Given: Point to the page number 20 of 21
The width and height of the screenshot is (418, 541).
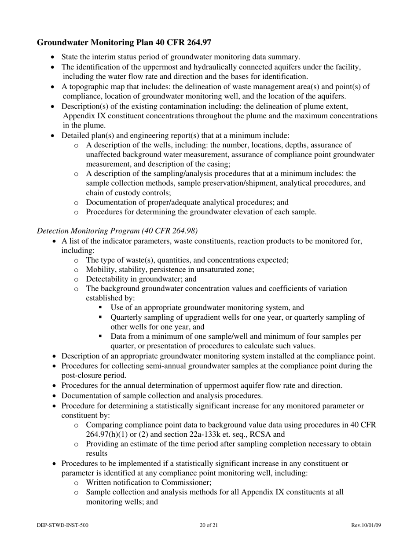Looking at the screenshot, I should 209,525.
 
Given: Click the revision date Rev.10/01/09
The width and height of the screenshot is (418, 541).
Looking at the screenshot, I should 366,525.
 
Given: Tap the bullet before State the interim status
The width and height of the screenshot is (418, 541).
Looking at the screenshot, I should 54,57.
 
